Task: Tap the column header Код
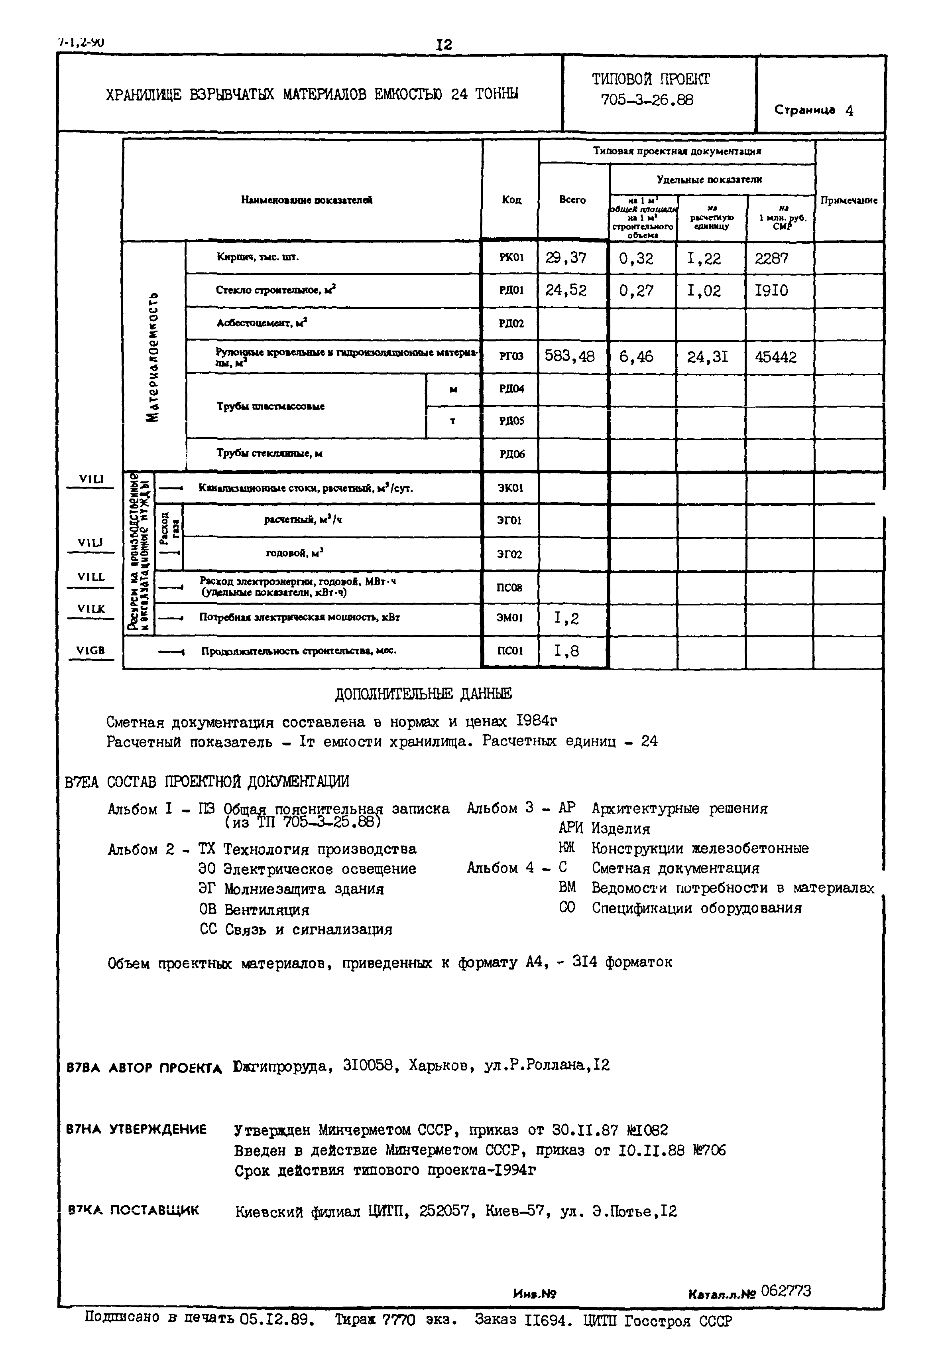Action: click(x=511, y=200)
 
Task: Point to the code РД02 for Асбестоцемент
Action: click(x=511, y=323)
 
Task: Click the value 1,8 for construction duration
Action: click(x=566, y=651)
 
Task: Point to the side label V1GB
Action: click(x=90, y=650)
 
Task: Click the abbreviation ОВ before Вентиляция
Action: click(x=208, y=910)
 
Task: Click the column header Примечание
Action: click(x=849, y=200)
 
